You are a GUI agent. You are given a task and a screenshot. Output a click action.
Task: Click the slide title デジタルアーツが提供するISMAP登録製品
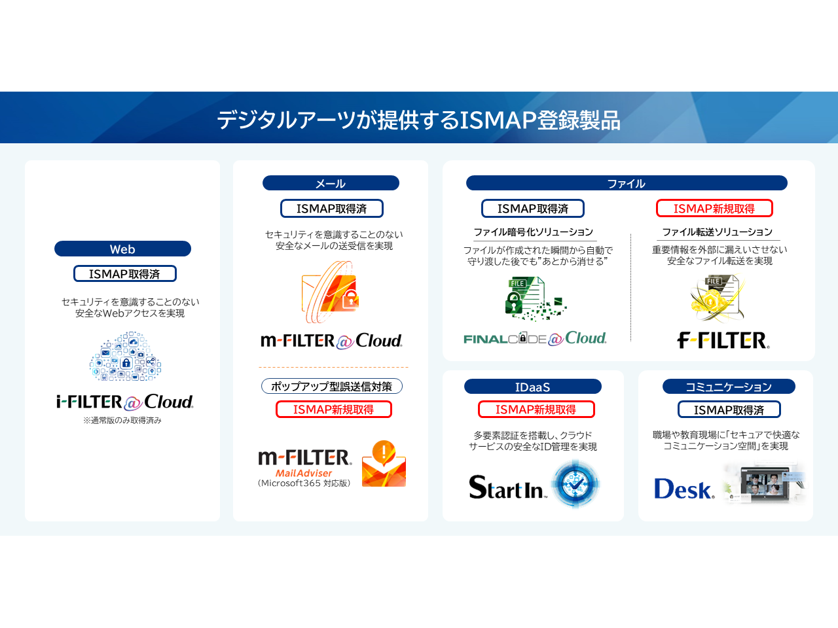point(418,120)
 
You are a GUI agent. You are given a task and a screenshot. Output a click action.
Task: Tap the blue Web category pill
point(122,249)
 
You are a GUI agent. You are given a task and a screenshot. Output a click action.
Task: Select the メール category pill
point(331,183)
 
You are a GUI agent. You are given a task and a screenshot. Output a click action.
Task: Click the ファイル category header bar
point(627,183)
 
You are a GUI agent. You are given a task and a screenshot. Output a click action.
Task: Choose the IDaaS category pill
point(532,387)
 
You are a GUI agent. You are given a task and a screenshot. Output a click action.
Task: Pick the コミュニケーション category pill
point(729,387)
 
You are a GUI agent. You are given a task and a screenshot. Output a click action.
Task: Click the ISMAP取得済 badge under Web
point(125,274)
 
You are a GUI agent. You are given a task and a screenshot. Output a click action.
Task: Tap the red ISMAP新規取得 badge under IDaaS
point(536,410)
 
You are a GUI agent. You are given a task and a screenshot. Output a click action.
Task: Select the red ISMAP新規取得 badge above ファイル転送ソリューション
point(714,209)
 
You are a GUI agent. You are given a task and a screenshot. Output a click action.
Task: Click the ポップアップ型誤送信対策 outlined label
point(332,386)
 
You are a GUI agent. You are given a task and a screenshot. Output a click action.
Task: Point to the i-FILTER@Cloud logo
point(125,402)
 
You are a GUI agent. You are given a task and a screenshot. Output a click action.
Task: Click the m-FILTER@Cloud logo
point(331,341)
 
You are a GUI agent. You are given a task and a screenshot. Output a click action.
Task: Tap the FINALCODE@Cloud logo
point(535,338)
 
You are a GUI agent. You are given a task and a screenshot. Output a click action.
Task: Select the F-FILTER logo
point(723,341)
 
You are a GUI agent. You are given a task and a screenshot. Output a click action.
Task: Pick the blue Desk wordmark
point(683,489)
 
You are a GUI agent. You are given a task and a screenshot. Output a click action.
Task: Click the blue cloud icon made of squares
point(125,356)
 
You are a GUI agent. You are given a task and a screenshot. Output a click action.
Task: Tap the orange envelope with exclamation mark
point(384,464)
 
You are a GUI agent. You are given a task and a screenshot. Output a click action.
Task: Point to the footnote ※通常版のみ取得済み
point(122,420)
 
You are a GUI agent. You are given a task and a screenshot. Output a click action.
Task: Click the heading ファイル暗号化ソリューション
point(534,232)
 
